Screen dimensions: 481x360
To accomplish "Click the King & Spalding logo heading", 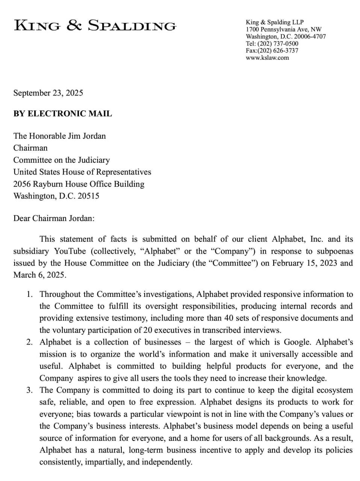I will click(x=95, y=26).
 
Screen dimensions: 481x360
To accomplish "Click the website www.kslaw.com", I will click(x=267, y=57).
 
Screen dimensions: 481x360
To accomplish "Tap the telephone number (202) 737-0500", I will click(x=278, y=44).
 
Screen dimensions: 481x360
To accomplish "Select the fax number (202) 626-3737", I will click(x=278, y=50).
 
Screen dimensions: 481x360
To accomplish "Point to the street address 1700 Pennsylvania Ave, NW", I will click(x=283, y=29).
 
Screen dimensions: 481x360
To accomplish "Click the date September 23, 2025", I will click(x=48, y=93).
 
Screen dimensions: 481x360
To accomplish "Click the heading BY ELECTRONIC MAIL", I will click(x=62, y=113).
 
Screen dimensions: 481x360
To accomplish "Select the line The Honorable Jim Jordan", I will click(x=59, y=136).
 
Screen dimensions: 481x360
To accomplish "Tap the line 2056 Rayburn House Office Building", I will click(x=79, y=184).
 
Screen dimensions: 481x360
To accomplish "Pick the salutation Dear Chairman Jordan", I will click(x=54, y=218).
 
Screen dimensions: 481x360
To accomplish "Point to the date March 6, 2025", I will click(x=39, y=275).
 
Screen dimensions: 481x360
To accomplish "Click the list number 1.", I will click(x=29, y=294).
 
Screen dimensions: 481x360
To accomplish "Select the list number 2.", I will click(x=29, y=342).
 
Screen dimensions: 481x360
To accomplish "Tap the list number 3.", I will click(x=29, y=390).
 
